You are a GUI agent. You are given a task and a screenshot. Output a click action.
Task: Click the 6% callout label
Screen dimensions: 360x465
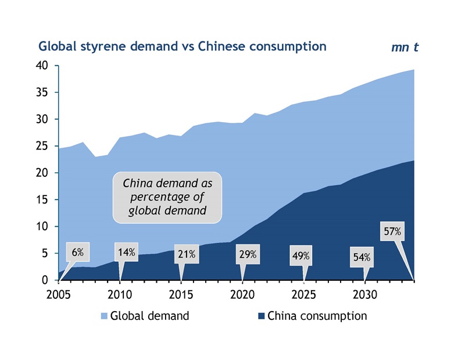[78, 252]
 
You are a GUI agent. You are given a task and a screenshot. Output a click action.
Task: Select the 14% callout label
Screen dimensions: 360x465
[127, 252]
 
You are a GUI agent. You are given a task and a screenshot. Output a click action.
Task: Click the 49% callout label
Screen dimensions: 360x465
[301, 255]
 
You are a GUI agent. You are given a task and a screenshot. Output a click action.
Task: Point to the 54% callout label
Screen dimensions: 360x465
[362, 257]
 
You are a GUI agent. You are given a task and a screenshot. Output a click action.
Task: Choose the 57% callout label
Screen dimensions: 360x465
[392, 232]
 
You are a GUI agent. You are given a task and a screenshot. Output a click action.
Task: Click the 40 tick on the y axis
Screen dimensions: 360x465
[46, 66]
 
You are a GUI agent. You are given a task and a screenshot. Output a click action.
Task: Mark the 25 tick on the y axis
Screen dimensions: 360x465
[46, 146]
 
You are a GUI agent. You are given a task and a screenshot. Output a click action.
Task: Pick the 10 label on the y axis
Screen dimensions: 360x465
[46, 226]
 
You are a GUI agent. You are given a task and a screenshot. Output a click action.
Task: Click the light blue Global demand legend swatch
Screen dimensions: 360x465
[104, 316]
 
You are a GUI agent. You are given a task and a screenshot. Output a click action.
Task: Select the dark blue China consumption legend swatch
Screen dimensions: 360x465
[261, 316]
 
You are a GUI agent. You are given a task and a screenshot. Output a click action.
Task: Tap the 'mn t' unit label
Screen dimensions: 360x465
[405, 47]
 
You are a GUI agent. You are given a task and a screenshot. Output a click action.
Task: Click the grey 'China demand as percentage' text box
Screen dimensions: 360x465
[167, 197]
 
